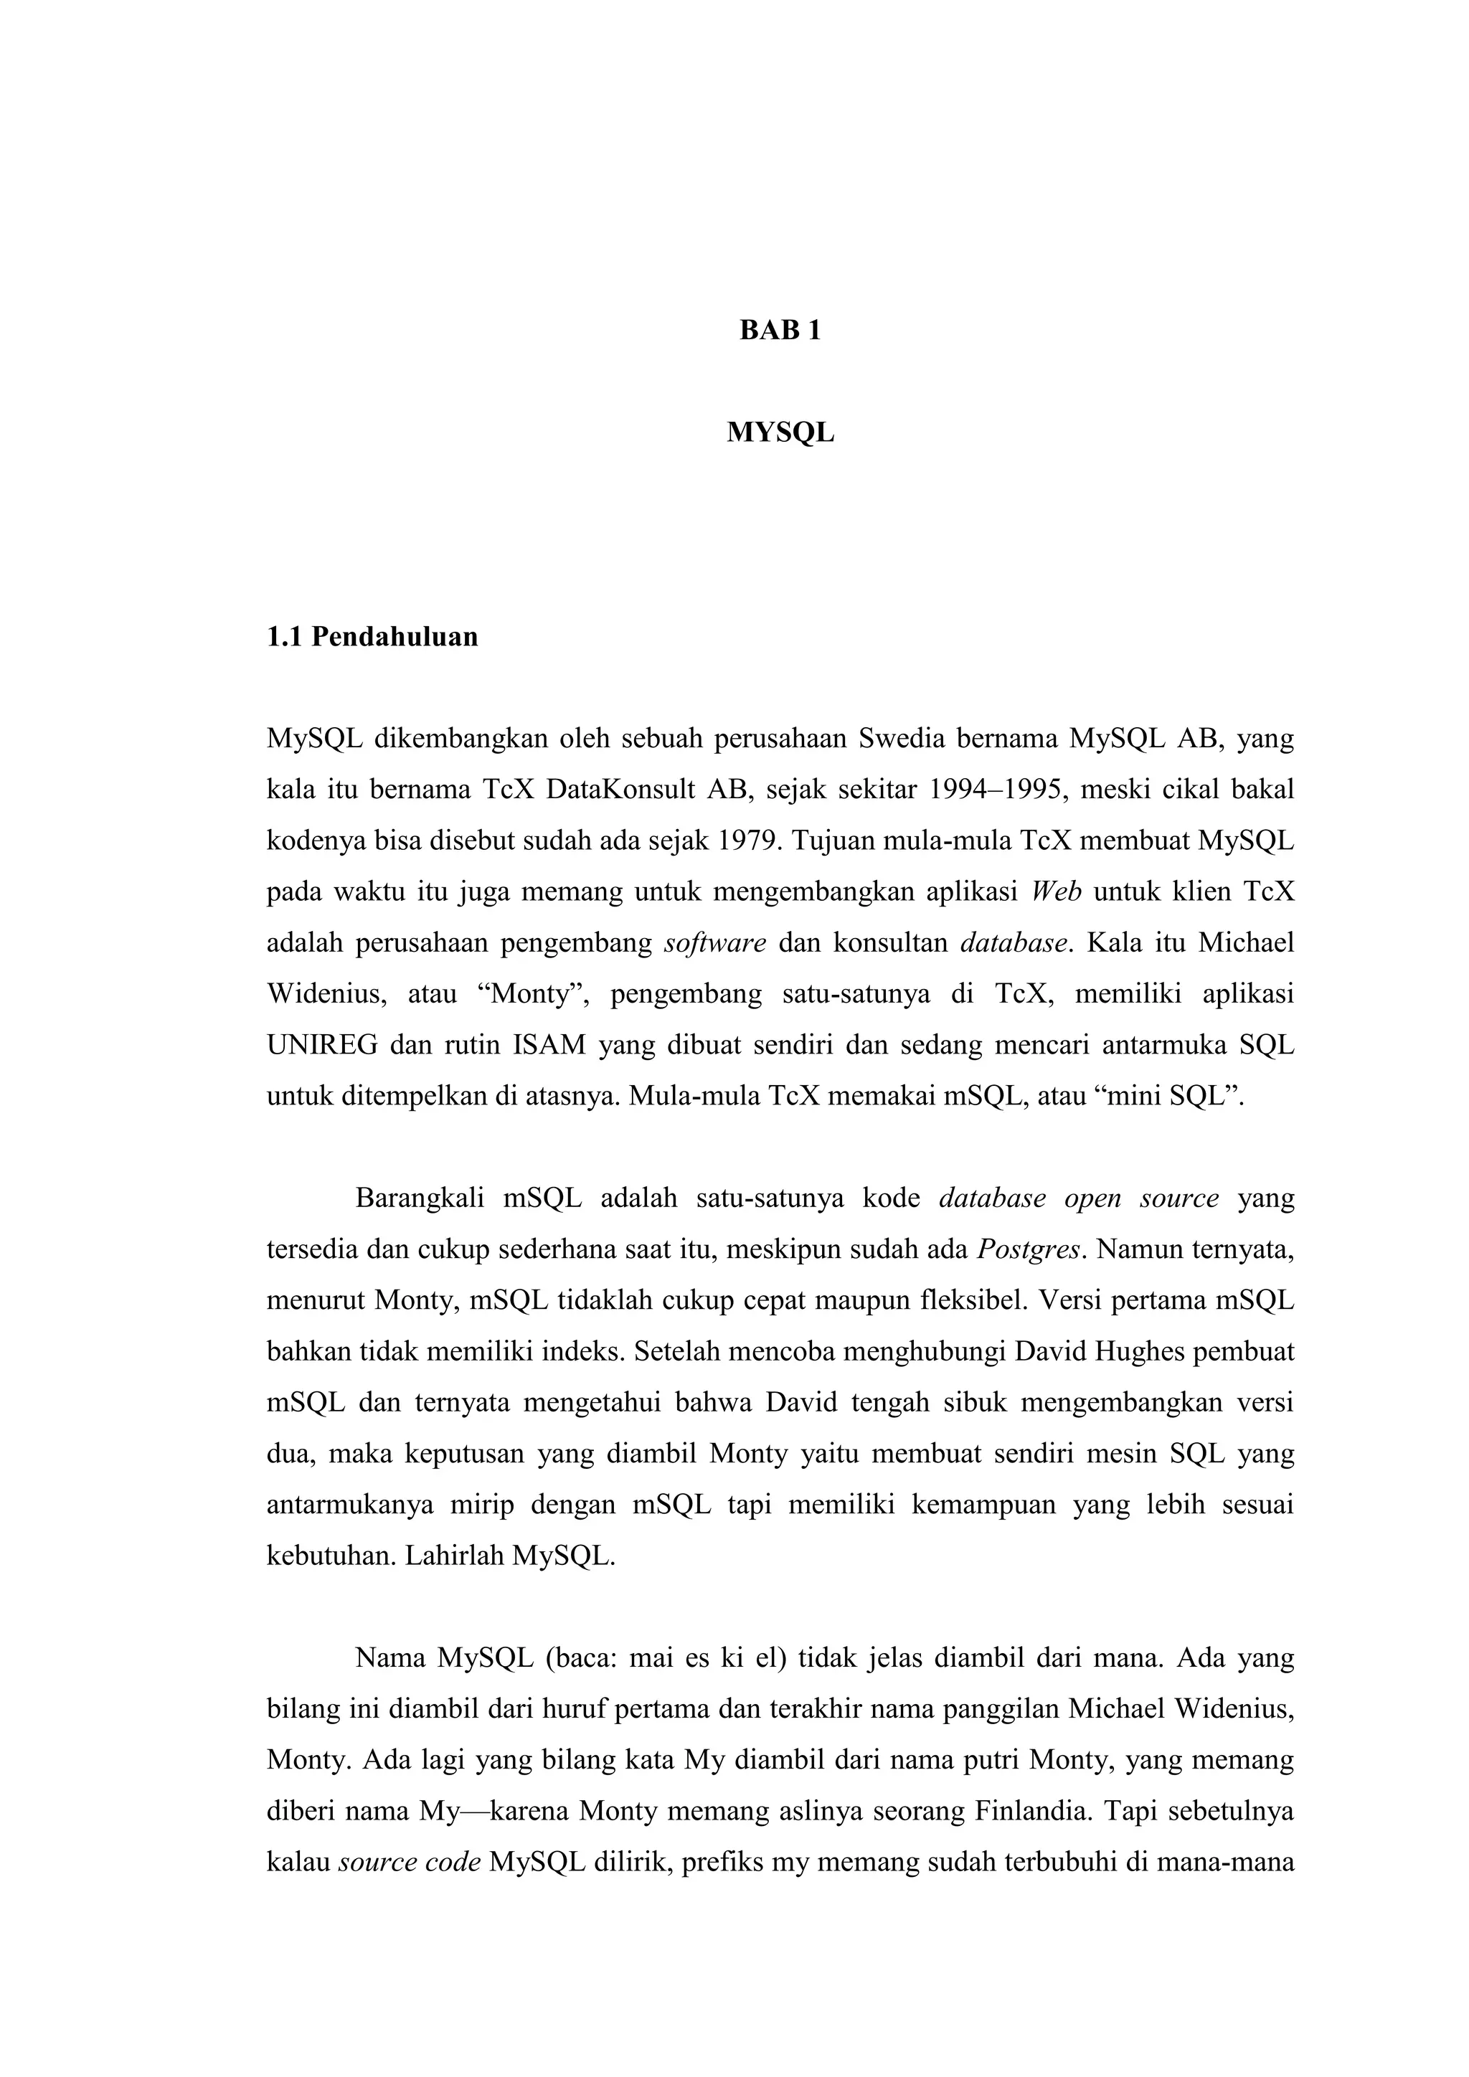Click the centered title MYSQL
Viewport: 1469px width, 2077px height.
point(780,432)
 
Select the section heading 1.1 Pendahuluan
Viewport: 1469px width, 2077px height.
point(372,637)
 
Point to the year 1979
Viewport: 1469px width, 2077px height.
point(747,841)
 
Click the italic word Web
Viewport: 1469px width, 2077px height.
point(1057,892)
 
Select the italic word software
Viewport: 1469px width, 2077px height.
point(714,944)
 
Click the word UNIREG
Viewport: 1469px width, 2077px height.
point(322,1046)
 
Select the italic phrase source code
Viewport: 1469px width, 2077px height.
point(409,1863)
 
